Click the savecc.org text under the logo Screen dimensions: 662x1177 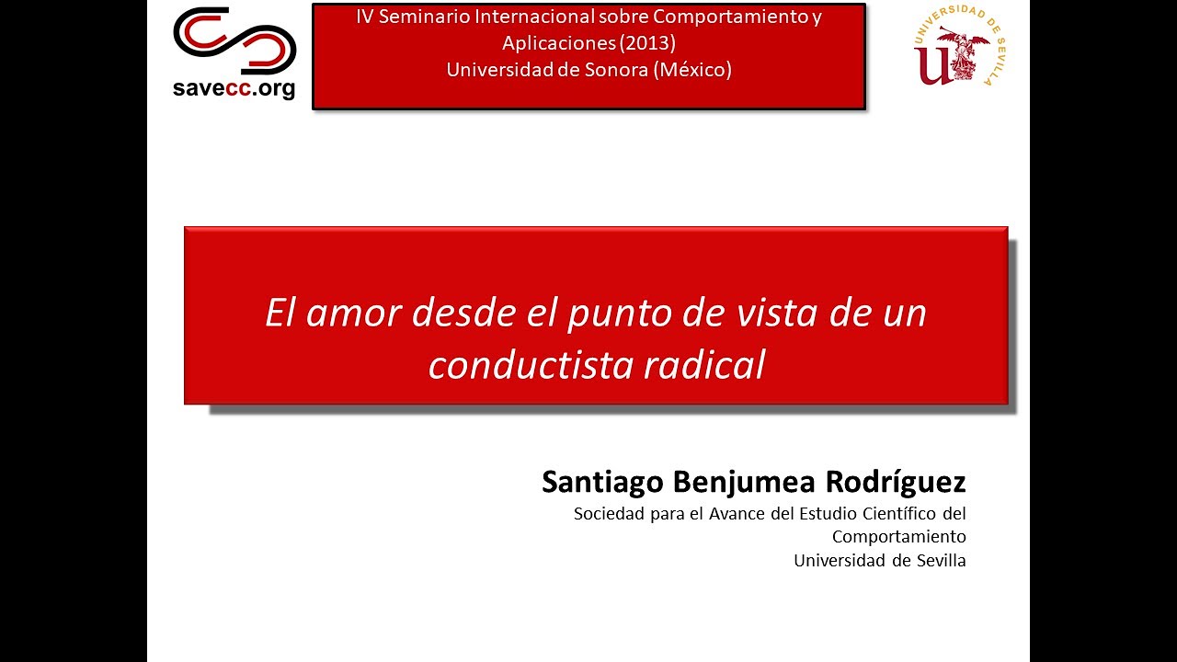coord(234,89)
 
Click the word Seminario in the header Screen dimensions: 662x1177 coord(421,17)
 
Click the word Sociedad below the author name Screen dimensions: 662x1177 coord(610,514)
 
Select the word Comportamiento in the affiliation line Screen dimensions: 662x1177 coord(898,537)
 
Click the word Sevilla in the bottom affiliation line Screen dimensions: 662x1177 coord(935,560)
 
